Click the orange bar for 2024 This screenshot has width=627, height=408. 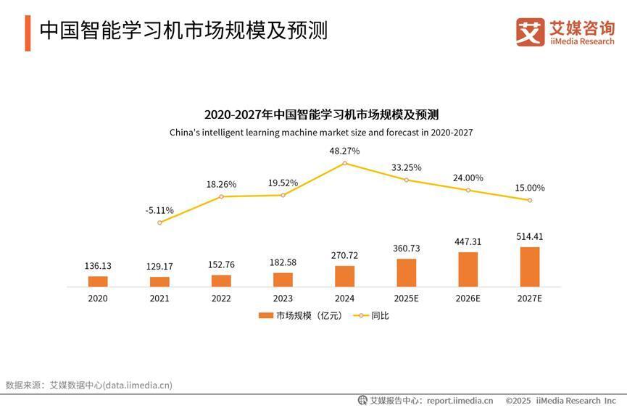[x=344, y=276]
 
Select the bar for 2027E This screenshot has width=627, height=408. [x=530, y=267]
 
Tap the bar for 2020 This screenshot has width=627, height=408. [x=98, y=281]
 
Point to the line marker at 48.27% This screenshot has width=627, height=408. [x=344, y=163]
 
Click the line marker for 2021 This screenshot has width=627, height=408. [x=159, y=222]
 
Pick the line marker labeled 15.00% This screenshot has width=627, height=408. [x=530, y=200]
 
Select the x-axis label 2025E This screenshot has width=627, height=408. [x=406, y=298]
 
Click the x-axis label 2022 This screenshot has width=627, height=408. [x=221, y=298]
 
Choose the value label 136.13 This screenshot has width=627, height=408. [x=98, y=266]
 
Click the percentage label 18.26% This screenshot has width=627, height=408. [x=221, y=184]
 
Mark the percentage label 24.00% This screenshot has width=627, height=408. [x=468, y=178]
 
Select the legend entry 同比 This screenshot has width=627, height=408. [x=371, y=315]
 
